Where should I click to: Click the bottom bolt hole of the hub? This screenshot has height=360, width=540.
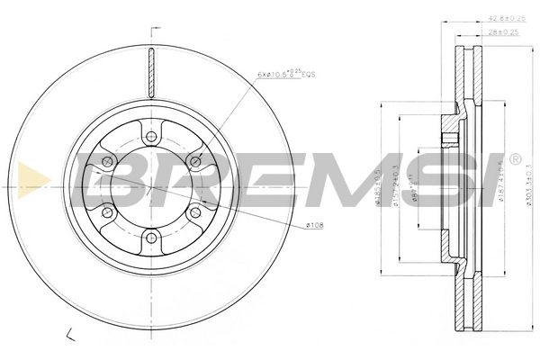pyautogui.click(x=151, y=238)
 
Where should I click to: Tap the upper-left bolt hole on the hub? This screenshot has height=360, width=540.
pyautogui.click(x=106, y=160)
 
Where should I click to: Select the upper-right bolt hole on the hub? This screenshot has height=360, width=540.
pyautogui.click(x=196, y=160)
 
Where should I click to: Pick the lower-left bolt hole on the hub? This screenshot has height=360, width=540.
pyautogui.click(x=106, y=212)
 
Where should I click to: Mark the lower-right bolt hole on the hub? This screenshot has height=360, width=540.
pyautogui.click(x=196, y=212)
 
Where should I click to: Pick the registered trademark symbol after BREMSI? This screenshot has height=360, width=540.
pyautogui.click(x=514, y=158)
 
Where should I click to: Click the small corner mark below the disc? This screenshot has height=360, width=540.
pyautogui.click(x=70, y=336)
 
